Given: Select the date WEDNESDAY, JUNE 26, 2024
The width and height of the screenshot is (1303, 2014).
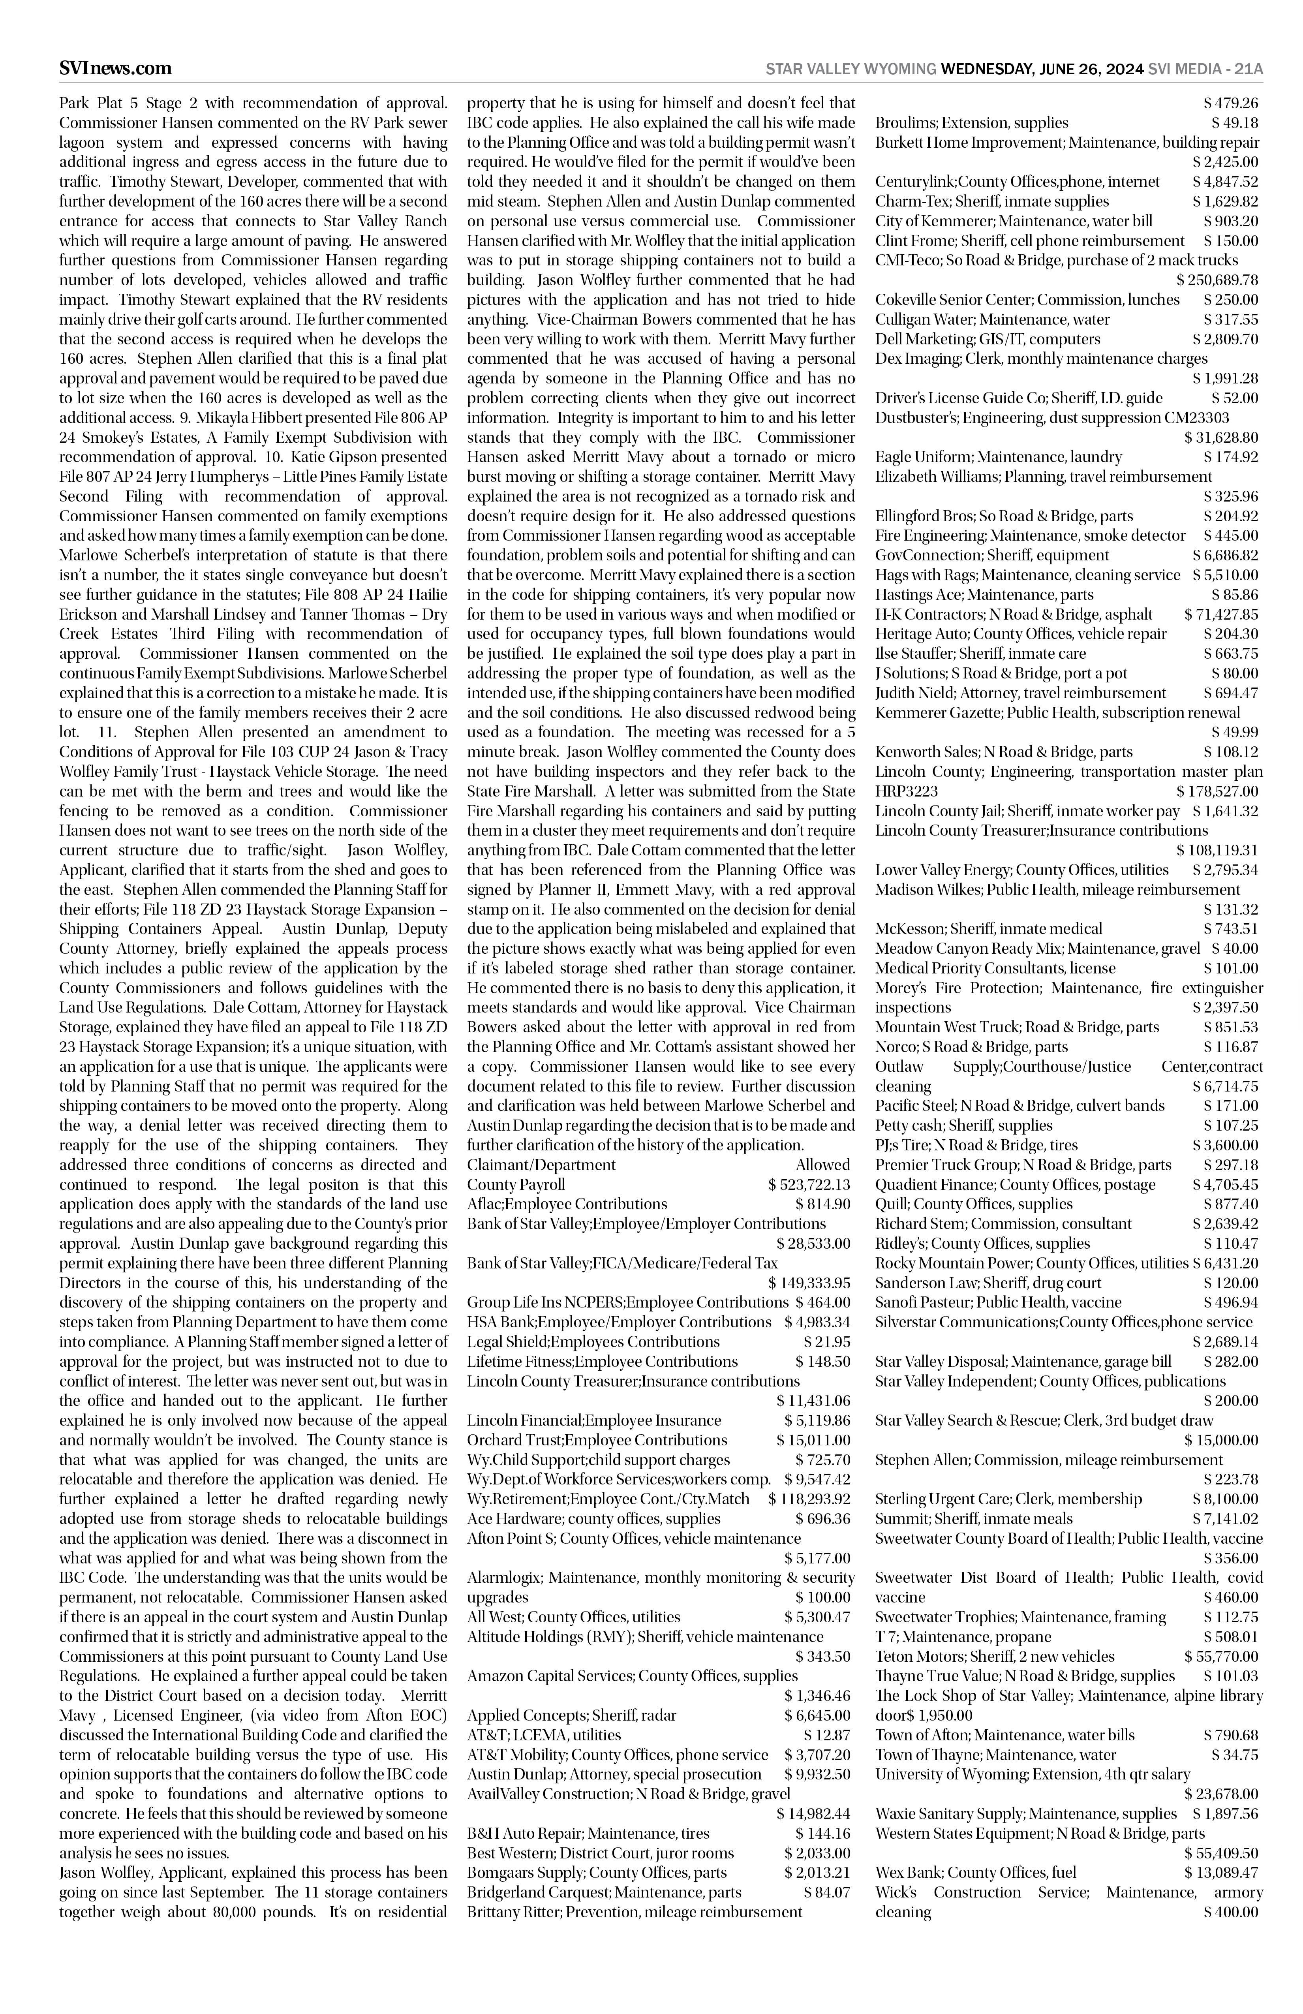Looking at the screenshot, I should [1042, 70].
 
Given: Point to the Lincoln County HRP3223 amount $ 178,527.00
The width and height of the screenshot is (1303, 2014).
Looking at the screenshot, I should [1217, 791].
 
